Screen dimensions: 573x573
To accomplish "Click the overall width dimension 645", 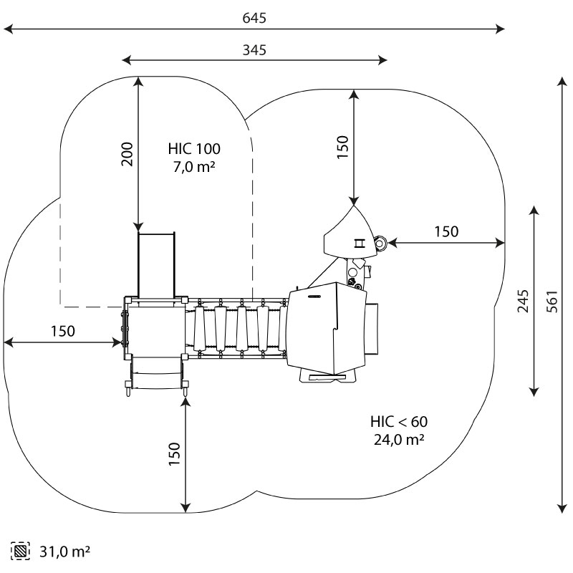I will [255, 18].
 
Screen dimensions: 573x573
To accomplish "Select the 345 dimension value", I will [255, 50].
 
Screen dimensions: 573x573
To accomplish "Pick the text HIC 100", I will [195, 149].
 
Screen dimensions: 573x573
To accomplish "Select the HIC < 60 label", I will [398, 421].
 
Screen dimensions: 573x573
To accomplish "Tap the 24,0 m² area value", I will [398, 439].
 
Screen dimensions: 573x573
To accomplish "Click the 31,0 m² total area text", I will [65, 552].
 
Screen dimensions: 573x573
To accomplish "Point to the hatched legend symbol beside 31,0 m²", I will [20, 552].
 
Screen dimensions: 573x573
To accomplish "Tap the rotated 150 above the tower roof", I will [343, 147].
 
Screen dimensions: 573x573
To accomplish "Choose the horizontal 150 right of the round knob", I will [446, 231].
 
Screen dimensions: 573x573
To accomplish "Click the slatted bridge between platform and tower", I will [237, 328].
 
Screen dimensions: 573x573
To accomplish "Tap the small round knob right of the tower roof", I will [380, 244].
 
